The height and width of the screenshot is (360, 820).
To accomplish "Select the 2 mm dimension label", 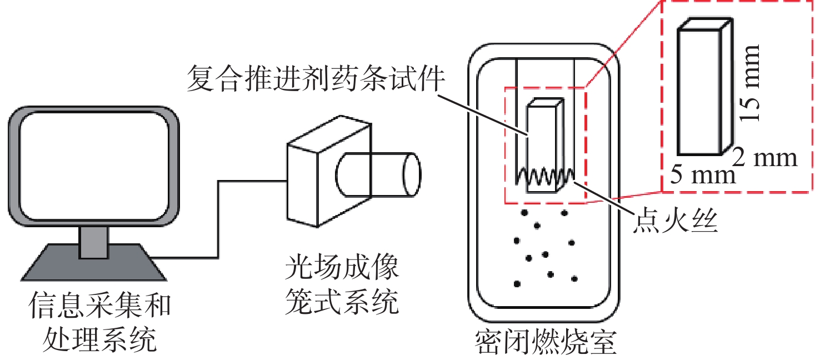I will tap(765, 158).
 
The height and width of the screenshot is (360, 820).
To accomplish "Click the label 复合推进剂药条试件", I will tap(316, 78).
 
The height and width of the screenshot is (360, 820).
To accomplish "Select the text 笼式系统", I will tap(342, 303).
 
